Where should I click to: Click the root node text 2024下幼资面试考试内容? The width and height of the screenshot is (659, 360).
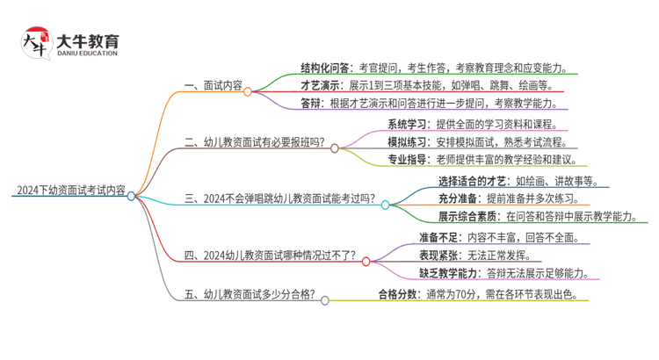point(70,189)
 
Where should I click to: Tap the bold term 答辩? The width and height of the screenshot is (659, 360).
point(311,104)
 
